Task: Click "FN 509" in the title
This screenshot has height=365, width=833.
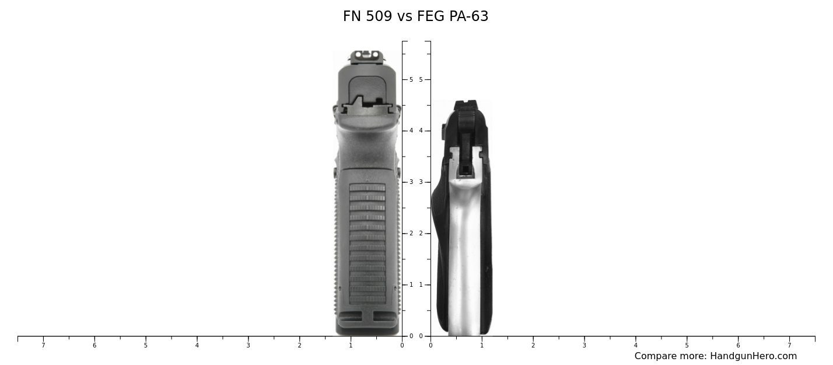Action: click(367, 17)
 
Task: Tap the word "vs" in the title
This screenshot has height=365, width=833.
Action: click(405, 17)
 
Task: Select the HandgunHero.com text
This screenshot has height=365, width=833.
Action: click(753, 356)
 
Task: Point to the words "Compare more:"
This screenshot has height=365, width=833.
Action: click(670, 356)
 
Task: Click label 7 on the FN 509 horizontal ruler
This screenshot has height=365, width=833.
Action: click(43, 346)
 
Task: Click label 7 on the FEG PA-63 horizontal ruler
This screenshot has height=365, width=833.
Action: click(789, 346)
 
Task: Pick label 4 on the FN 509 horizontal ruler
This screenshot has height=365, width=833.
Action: click(197, 346)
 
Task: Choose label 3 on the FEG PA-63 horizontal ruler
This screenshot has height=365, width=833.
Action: click(584, 346)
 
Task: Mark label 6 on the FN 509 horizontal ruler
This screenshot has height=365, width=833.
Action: click(94, 346)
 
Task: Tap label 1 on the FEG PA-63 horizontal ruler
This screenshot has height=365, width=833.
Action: click(482, 346)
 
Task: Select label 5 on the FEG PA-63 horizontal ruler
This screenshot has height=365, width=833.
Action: click(687, 346)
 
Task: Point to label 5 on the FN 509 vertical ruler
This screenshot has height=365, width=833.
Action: click(411, 79)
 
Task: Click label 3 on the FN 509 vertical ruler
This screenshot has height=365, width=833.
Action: click(411, 182)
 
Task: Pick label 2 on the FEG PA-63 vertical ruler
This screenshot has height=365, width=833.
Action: click(421, 234)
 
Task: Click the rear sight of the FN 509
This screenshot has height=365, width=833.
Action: click(367, 55)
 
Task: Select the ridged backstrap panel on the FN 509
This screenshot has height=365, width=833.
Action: click(367, 242)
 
